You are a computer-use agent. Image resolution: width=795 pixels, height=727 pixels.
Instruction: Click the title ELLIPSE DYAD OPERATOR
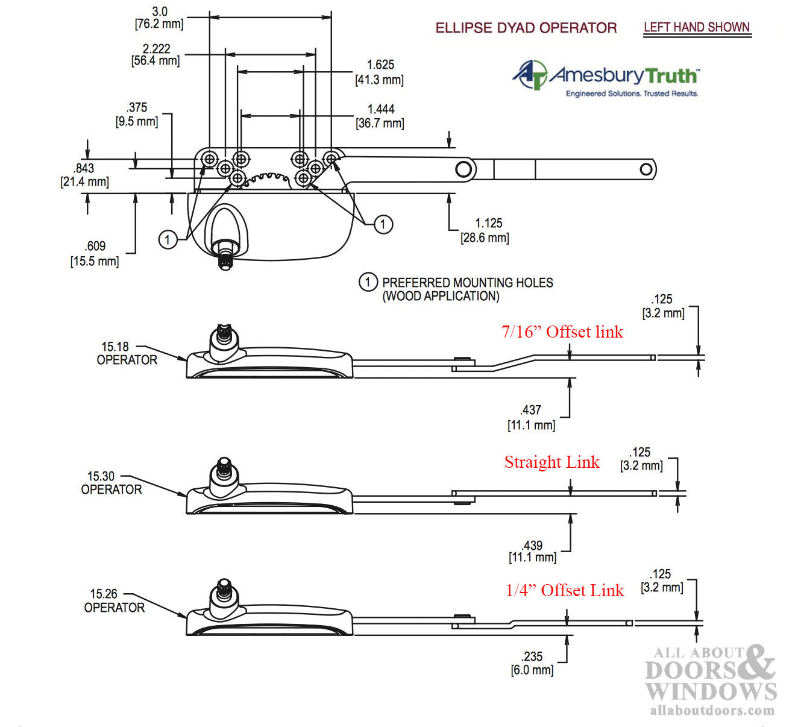(x=526, y=28)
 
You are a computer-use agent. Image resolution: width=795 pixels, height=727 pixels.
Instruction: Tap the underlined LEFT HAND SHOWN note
(x=696, y=28)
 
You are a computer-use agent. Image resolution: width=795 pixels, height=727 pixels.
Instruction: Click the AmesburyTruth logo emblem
(x=530, y=75)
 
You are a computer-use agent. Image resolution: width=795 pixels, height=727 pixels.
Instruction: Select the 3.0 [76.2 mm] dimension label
(x=159, y=18)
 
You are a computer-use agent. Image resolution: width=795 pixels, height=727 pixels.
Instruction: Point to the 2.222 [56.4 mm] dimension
(x=156, y=54)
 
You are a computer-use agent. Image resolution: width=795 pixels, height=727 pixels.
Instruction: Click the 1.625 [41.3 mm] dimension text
(x=380, y=72)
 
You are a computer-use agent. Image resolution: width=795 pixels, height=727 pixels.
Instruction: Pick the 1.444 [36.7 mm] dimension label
(x=380, y=116)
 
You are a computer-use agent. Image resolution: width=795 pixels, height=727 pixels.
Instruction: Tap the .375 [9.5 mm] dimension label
(x=137, y=115)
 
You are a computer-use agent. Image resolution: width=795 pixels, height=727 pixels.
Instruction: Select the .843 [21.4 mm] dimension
(x=84, y=175)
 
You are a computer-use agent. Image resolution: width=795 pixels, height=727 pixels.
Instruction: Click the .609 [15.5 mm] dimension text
(x=95, y=253)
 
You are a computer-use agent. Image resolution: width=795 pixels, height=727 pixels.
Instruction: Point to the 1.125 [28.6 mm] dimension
(x=486, y=230)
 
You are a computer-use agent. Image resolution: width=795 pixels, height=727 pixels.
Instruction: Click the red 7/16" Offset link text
(x=562, y=332)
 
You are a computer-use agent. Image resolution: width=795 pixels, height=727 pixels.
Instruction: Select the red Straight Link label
(x=551, y=462)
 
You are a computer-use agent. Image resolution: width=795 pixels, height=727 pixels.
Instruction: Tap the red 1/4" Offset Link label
(x=565, y=590)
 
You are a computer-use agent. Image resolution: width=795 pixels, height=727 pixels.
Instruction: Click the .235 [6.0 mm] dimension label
(x=532, y=663)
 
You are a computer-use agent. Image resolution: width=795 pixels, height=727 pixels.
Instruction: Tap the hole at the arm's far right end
(x=646, y=169)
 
